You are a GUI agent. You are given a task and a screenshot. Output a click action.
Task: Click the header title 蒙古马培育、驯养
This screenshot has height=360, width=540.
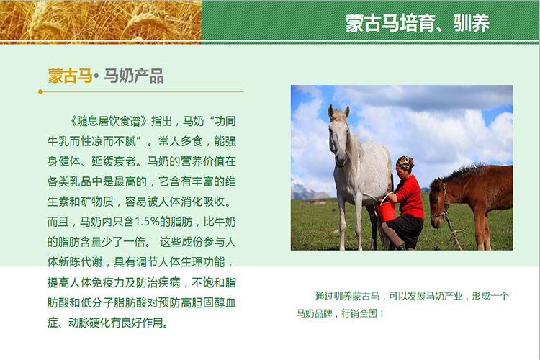[x=417, y=23]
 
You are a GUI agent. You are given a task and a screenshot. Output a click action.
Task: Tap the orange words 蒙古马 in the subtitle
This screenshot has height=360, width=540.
[x=70, y=76]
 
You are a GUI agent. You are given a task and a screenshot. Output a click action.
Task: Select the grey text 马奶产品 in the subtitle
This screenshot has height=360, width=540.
[x=134, y=76]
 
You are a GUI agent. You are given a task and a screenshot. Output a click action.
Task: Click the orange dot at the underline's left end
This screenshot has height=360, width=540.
[x=40, y=92]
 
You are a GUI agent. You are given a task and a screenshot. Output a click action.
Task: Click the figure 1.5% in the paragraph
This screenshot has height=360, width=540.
[x=147, y=222]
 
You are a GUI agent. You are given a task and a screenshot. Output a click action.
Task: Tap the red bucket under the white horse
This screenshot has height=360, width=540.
[x=387, y=210]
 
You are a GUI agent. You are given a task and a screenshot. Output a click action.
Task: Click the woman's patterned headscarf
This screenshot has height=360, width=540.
[x=405, y=162]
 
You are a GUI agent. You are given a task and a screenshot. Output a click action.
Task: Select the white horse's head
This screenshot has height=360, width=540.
[x=339, y=135]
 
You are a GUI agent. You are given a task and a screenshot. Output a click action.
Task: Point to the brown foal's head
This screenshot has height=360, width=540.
[x=438, y=203]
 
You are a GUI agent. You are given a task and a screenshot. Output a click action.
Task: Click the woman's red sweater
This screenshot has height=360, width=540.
[x=410, y=197]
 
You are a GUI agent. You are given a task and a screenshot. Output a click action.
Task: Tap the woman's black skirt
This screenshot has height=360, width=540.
[x=404, y=230]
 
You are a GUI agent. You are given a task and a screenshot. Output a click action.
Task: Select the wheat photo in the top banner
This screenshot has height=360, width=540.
[x=101, y=22]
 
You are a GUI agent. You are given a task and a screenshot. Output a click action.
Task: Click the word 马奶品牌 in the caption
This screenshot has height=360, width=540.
[x=314, y=313]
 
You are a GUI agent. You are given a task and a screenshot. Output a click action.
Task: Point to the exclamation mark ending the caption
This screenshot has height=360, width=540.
[x=382, y=313]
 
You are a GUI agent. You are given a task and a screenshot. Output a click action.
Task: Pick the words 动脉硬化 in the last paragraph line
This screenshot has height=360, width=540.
[x=90, y=323]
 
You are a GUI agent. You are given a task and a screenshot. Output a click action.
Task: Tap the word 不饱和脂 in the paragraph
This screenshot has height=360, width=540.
[x=214, y=282]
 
